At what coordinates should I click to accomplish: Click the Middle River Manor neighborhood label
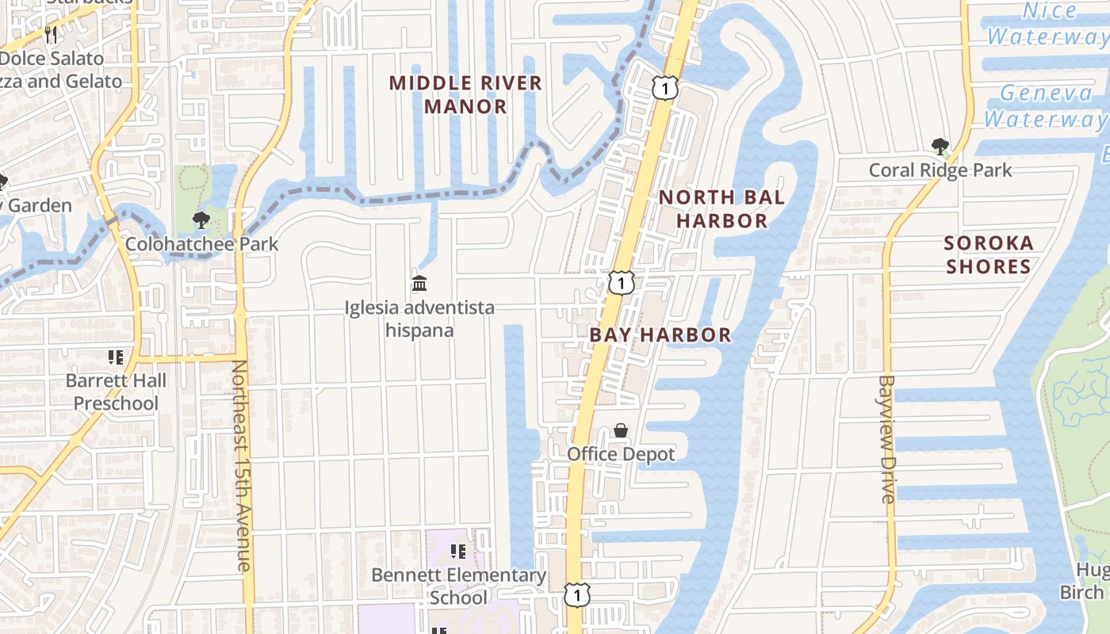pyautogui.click(x=465, y=94)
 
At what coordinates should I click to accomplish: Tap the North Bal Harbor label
pyautogui.click(x=721, y=208)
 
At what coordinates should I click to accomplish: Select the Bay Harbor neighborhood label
pyautogui.click(x=660, y=334)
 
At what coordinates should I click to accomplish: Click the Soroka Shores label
pyautogui.click(x=989, y=254)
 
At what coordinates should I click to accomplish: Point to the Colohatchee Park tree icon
pyautogui.click(x=201, y=220)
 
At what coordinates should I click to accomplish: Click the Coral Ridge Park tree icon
pyautogui.click(x=940, y=147)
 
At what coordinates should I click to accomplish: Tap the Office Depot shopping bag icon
pyautogui.click(x=621, y=430)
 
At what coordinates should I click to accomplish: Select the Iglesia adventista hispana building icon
pyautogui.click(x=419, y=283)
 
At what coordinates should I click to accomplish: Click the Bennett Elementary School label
pyautogui.click(x=458, y=586)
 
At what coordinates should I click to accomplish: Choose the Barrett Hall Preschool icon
pyautogui.click(x=116, y=357)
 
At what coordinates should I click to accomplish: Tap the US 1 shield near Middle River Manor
pyautogui.click(x=664, y=87)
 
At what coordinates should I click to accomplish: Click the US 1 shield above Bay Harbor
pyautogui.click(x=621, y=283)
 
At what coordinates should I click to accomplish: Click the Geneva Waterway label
pyautogui.click(x=1045, y=106)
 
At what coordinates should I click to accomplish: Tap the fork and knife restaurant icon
pyautogui.click(x=50, y=33)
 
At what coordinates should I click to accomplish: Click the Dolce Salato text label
pyautogui.click(x=52, y=59)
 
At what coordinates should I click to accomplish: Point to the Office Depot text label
pyautogui.click(x=621, y=454)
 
